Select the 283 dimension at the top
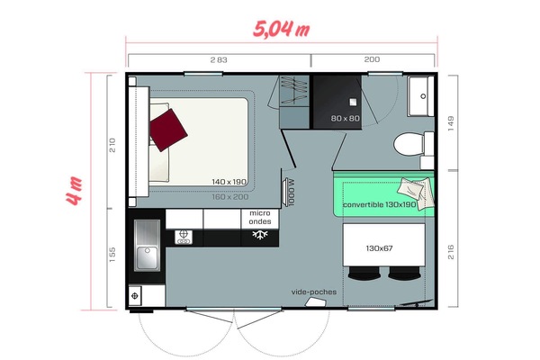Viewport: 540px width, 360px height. point(218,59)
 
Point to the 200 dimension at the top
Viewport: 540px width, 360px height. point(373,59)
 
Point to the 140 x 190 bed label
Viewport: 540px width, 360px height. point(229,182)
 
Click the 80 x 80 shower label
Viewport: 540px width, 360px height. point(345,118)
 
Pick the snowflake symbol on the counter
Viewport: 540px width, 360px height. point(259,236)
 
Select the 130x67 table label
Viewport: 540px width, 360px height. point(382,247)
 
